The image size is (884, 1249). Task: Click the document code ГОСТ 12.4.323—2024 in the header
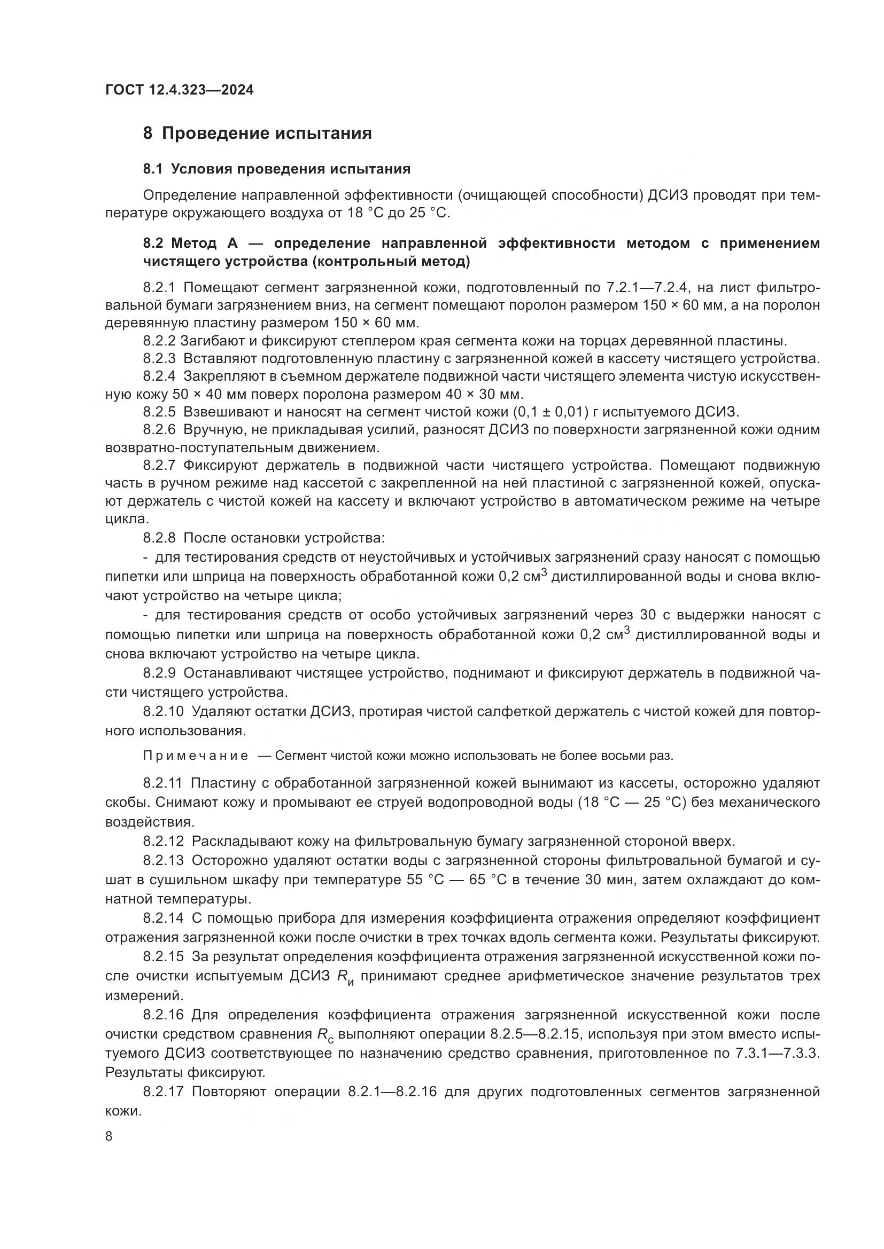179,90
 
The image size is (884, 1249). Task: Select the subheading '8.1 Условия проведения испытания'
276,169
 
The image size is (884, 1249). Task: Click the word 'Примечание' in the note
196,756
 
